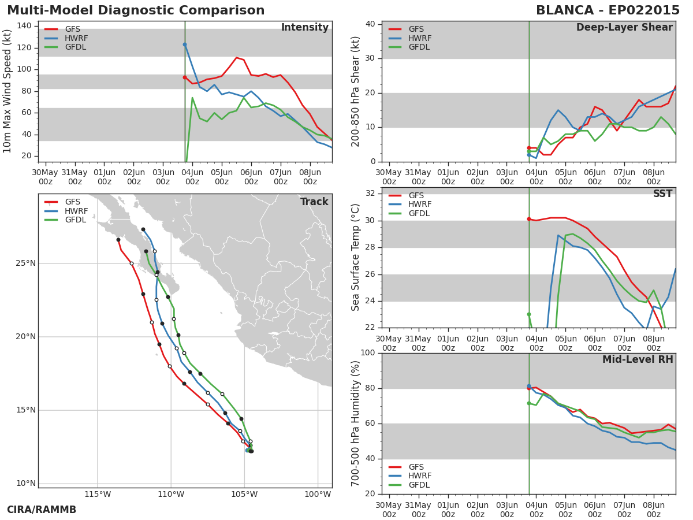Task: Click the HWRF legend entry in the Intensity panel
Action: click(66, 38)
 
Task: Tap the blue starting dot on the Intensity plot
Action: click(185, 44)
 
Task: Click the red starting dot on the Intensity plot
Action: click(185, 77)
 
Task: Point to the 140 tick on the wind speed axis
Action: click(24, 25)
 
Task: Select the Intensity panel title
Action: click(305, 27)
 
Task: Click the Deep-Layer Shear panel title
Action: click(624, 27)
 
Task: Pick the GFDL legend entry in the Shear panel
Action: click(409, 47)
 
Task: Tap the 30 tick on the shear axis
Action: click(370, 58)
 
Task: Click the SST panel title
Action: click(663, 194)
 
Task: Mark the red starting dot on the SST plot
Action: click(529, 219)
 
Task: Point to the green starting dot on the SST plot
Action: click(529, 314)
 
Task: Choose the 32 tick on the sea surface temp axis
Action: click(370, 193)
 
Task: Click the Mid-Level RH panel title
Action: click(638, 359)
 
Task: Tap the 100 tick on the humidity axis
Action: click(368, 352)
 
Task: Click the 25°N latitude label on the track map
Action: click(25, 263)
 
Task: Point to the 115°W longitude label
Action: click(98, 494)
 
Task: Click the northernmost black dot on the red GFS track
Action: click(118, 240)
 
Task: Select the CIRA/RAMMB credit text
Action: click(42, 510)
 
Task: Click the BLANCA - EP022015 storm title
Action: click(608, 10)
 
